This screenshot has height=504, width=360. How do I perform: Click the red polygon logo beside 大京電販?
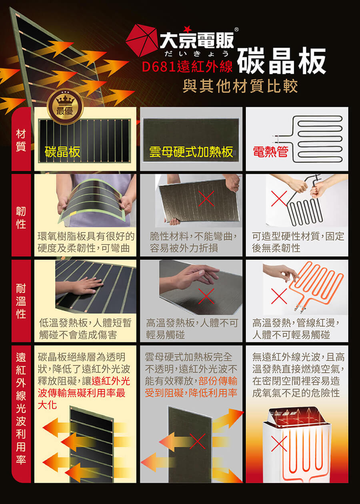(x=142, y=40)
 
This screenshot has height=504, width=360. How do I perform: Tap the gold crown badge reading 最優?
(x=65, y=106)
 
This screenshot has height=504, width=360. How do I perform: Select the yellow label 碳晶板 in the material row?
(x=62, y=152)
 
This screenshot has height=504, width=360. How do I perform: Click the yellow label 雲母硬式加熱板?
(x=191, y=152)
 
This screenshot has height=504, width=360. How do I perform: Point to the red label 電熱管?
(x=270, y=151)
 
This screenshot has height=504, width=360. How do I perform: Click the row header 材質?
(x=21, y=140)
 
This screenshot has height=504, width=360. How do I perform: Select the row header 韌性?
(x=21, y=218)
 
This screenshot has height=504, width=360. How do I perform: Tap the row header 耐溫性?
(x=21, y=301)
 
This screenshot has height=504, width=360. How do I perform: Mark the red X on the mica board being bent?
(x=206, y=199)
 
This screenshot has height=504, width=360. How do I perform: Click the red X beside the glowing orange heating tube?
(x=279, y=296)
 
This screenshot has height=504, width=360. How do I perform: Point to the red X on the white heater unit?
(x=279, y=444)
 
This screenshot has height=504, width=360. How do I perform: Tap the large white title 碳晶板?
(x=282, y=61)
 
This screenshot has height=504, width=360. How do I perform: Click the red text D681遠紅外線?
(x=187, y=66)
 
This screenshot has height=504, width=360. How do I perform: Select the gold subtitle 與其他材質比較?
(x=240, y=86)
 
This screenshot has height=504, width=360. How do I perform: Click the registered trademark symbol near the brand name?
(x=236, y=30)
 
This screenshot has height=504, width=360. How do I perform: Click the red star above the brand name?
(x=187, y=29)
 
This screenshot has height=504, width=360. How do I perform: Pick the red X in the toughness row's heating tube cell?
(x=279, y=199)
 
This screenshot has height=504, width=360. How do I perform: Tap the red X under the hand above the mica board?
(x=206, y=296)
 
